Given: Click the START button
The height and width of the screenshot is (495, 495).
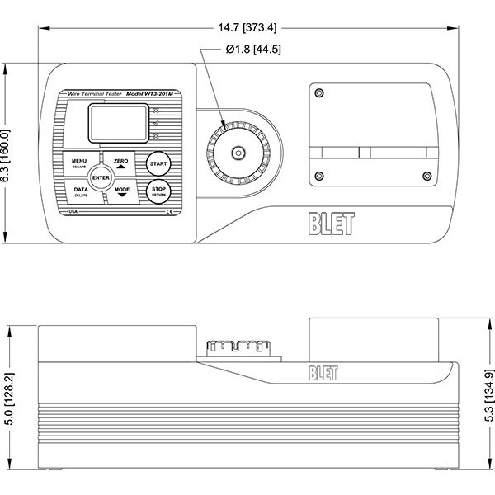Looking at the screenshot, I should click(158, 163).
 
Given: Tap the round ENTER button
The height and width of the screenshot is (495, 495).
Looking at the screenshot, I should click(101, 177).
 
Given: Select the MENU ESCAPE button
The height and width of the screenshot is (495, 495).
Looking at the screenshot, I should click(79, 163).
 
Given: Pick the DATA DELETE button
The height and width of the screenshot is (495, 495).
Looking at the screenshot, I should click(81, 191).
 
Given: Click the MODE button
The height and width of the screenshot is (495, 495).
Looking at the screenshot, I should click(122, 192).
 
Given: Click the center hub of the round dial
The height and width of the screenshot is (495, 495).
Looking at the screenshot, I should click(238, 153).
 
